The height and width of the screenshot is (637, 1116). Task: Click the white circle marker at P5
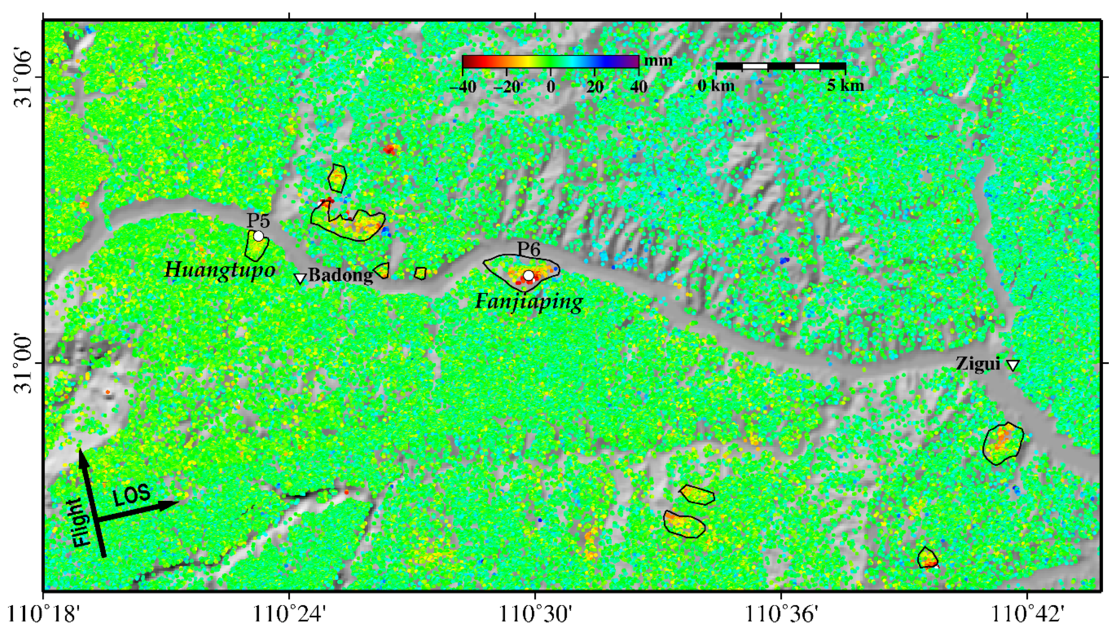point(258,236)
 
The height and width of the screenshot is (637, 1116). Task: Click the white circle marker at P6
point(528,276)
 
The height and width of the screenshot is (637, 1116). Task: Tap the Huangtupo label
point(220,270)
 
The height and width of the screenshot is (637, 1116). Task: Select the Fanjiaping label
point(529,301)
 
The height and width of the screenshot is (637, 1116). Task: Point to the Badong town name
point(340,275)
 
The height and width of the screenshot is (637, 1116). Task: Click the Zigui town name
point(978,363)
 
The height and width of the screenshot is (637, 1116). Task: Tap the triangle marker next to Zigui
point(1013,365)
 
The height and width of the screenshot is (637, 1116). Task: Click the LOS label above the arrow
point(131,495)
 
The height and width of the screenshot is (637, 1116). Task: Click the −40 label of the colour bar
point(462,87)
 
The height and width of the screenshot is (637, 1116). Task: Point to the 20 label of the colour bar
point(595,87)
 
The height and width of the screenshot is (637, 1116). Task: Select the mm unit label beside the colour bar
point(659,61)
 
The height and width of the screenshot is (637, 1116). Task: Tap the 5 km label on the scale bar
point(845,85)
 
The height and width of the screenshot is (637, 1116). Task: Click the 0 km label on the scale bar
point(716,85)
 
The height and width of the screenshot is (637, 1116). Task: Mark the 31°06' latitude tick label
point(24,78)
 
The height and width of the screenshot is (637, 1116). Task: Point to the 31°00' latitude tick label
point(24,363)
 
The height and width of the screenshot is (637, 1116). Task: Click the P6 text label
point(528,249)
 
